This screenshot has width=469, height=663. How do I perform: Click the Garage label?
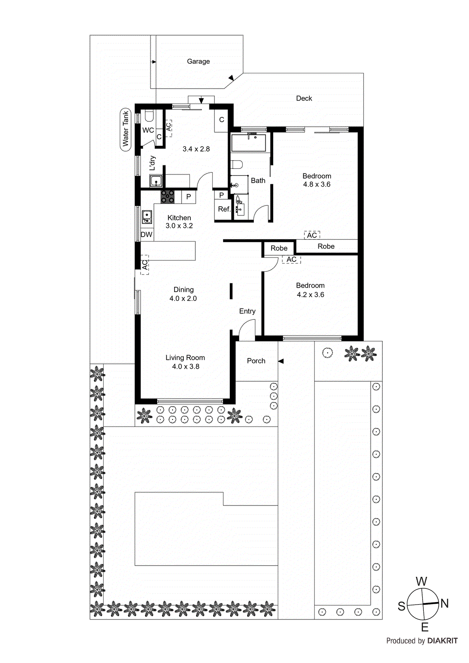198,61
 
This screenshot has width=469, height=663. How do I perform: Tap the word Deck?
304,98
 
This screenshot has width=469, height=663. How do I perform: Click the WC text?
148,130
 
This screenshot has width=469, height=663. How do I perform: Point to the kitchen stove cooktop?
168,196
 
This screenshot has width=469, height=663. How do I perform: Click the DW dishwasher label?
146,235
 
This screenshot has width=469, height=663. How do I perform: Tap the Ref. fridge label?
224,209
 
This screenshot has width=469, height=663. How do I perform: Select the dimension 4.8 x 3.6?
317,184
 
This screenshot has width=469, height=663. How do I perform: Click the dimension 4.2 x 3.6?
310,295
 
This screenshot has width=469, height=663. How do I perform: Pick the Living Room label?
185,358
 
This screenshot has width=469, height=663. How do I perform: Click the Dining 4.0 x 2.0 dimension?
183,298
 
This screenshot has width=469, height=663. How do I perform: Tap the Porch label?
256,361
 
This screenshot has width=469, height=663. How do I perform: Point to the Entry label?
247,311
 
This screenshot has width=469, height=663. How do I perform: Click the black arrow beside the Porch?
281,361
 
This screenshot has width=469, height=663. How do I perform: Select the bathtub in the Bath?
248,142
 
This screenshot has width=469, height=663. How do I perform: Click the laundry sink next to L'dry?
156,181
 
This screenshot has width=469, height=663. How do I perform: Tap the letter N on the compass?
445,603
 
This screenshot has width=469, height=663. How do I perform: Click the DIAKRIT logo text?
442,641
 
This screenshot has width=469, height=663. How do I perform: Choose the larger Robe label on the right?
326,246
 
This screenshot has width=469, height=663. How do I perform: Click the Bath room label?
258,181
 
